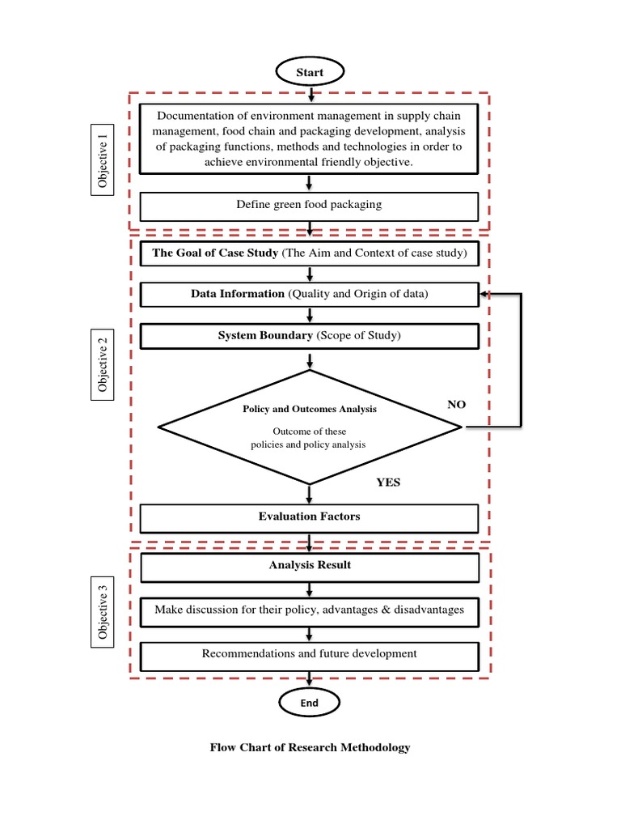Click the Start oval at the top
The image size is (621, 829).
coord(310,72)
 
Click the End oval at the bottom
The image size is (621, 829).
coord(310,703)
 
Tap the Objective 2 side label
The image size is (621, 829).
coord(103,365)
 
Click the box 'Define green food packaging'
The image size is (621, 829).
coord(310,205)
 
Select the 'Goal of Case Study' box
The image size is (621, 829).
coord(310,253)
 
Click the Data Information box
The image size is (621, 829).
coord(310,294)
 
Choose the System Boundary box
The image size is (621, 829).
coord(310,335)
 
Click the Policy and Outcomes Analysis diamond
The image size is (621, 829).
coord(310,426)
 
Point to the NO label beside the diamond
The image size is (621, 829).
coord(457,405)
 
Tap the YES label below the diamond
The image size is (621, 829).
coord(388,483)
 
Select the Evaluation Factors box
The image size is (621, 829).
coord(310,517)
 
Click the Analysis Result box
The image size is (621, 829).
coord(310,565)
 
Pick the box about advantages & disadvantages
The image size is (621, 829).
coord(310,610)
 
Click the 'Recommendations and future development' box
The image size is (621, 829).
coord(310,654)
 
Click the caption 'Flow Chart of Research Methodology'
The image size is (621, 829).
coord(310,747)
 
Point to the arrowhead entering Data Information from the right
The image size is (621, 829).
coord(484,294)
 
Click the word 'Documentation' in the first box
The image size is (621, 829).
coord(195,116)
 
